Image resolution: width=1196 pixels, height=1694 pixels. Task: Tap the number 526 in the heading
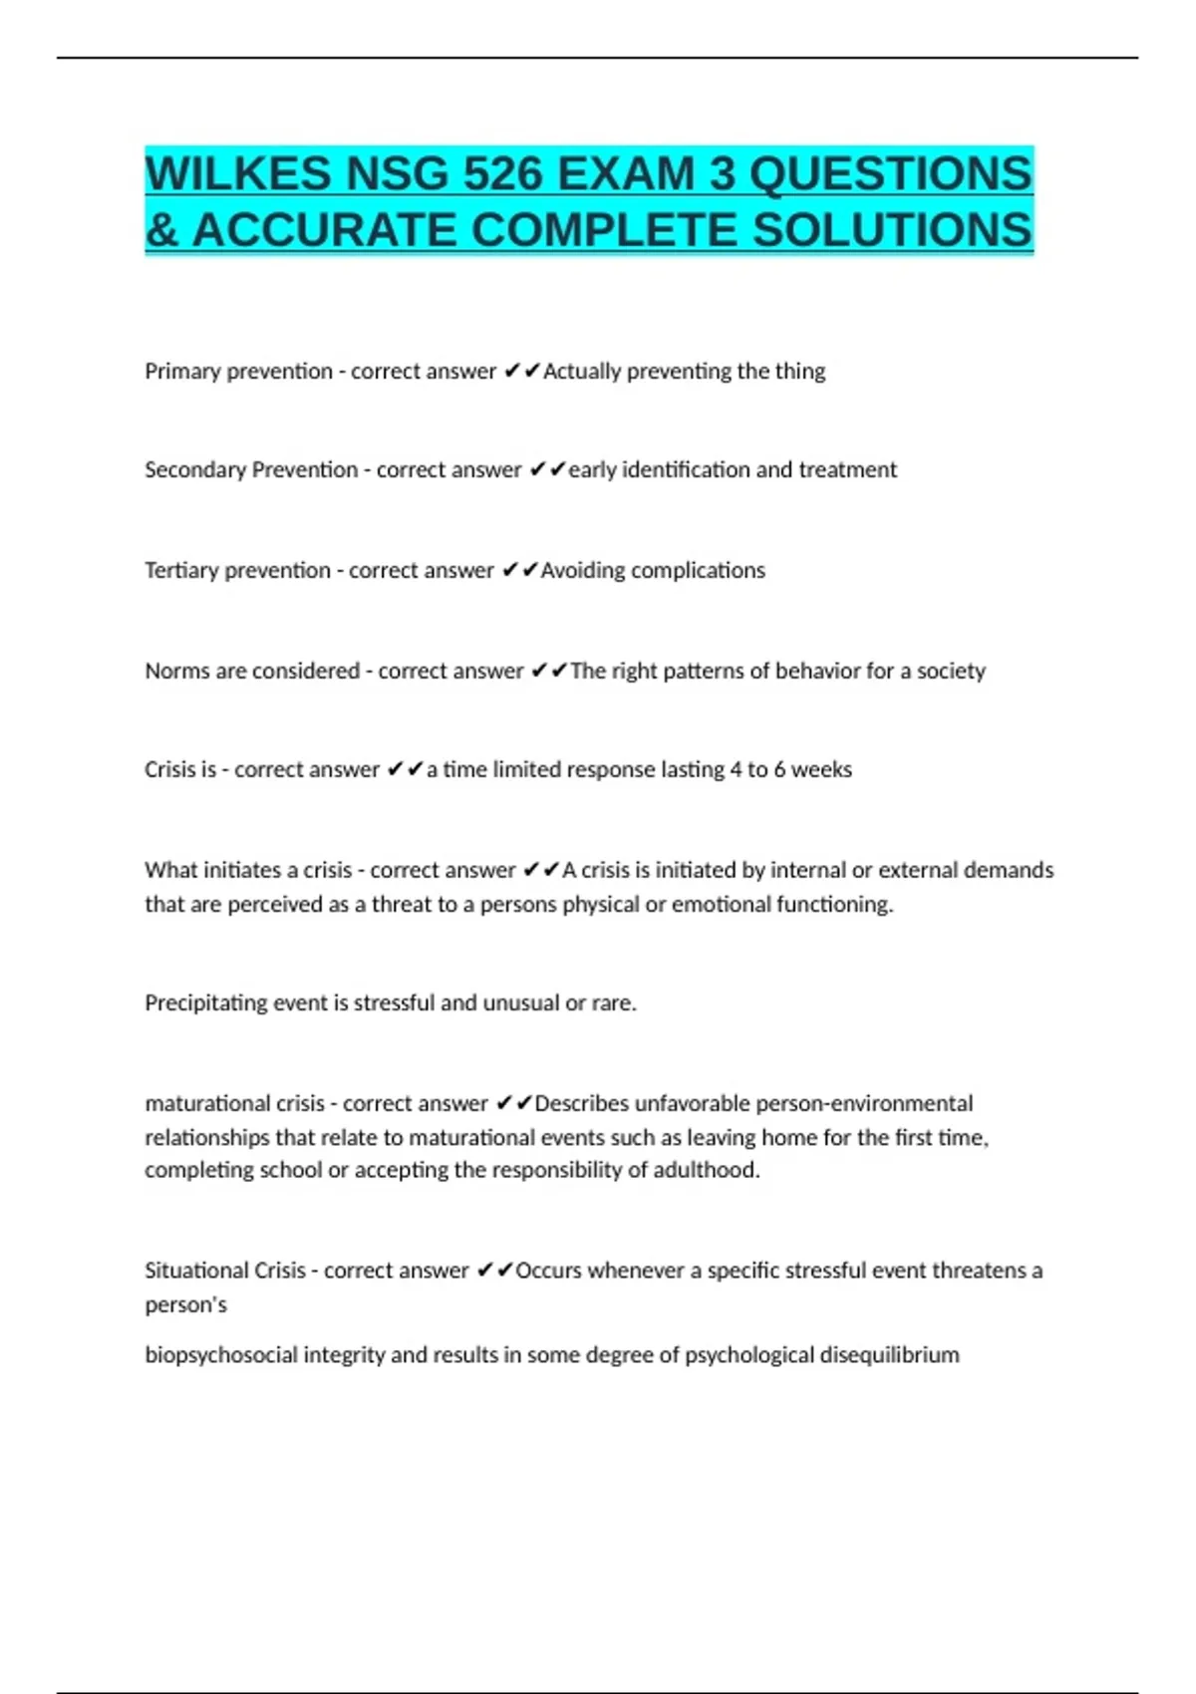[501, 174]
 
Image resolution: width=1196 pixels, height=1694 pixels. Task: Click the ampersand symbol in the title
[160, 231]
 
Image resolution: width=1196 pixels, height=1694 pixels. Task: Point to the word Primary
[181, 372]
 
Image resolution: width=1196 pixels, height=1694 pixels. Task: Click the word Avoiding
[582, 571]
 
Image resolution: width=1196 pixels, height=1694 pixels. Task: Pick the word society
[951, 672]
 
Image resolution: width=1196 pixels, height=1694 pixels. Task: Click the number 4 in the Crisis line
[736, 770]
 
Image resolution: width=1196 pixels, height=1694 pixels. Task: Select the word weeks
[821, 770]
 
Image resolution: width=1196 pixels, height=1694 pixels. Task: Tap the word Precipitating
[205, 1003]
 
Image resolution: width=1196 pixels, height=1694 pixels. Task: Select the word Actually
[581, 372]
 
